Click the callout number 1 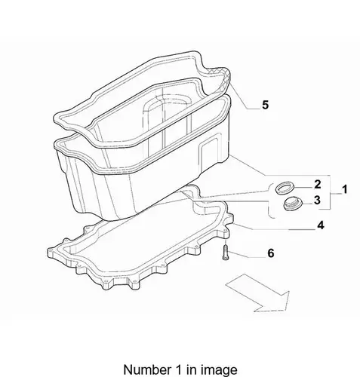click(344, 189)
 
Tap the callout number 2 click(318, 184)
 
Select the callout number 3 click(317, 200)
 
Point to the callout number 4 click(321, 225)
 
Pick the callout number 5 click(265, 105)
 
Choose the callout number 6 click(270, 253)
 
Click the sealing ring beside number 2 click(285, 188)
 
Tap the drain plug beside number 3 click(292, 204)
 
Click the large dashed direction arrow click(259, 293)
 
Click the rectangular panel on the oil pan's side click(209, 151)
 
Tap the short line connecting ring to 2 click(303, 188)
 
